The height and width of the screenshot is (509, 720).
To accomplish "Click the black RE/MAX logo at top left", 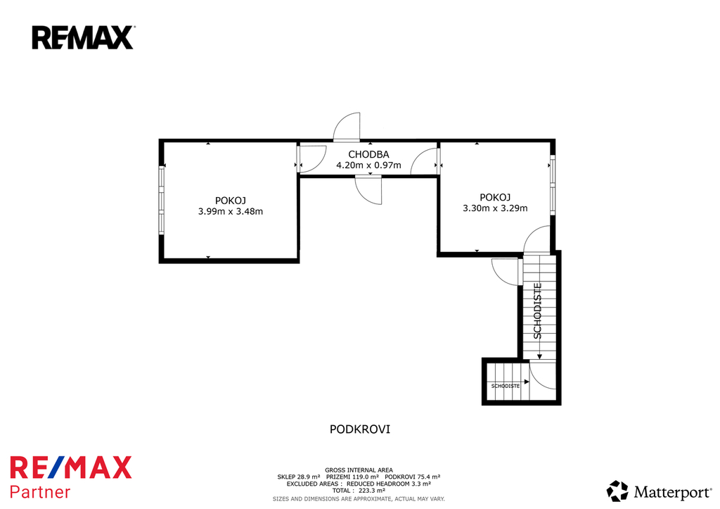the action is tap(83, 37).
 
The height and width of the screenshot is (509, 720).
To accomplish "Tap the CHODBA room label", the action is tap(368, 154).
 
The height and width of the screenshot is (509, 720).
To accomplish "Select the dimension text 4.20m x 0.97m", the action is tap(368, 165).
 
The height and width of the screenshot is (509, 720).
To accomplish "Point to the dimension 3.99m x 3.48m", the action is tap(231, 211).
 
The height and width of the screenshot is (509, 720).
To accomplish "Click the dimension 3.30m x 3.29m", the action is tap(495, 208).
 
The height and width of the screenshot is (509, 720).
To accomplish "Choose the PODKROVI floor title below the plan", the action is tap(360, 429).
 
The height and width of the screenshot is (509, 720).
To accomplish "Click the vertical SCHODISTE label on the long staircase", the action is tap(538, 311).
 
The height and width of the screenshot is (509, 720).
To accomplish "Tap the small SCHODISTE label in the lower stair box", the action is tap(505, 387).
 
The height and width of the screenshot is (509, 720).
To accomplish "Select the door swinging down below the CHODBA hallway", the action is tap(368, 191).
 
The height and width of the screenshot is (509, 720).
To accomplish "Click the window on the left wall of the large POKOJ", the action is tap(162, 200).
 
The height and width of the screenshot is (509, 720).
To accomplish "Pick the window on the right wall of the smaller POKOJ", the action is tap(553, 185).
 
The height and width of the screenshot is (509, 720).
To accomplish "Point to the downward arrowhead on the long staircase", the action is tap(539, 356).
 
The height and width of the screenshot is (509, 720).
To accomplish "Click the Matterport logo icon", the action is tap(617, 491).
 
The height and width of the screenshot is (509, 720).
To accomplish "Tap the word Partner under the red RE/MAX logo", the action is tap(40, 492).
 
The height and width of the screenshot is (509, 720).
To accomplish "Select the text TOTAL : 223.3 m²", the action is tap(359, 491).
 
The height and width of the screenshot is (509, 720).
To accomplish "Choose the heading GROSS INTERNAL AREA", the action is tap(359, 470).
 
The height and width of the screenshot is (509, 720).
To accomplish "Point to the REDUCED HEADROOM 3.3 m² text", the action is tap(388, 484).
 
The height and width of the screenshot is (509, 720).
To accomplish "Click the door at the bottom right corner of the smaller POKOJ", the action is tap(536, 239).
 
